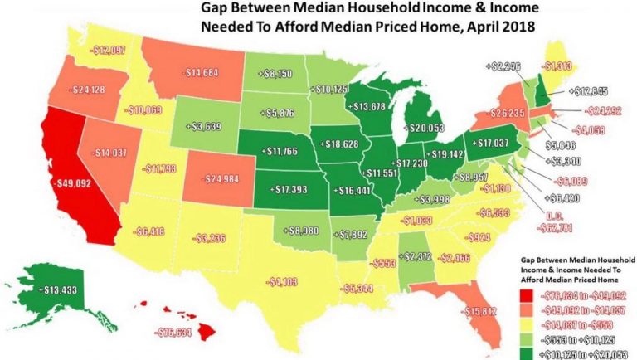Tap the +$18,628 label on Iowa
click(x=342, y=144)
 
